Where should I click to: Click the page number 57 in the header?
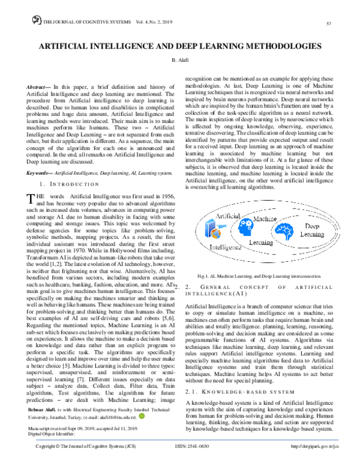click(329, 23)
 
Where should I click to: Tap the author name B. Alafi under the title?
click(180, 61)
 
